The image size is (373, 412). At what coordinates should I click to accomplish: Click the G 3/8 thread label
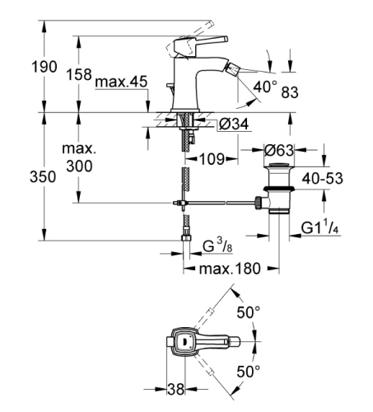click(x=220, y=244)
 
